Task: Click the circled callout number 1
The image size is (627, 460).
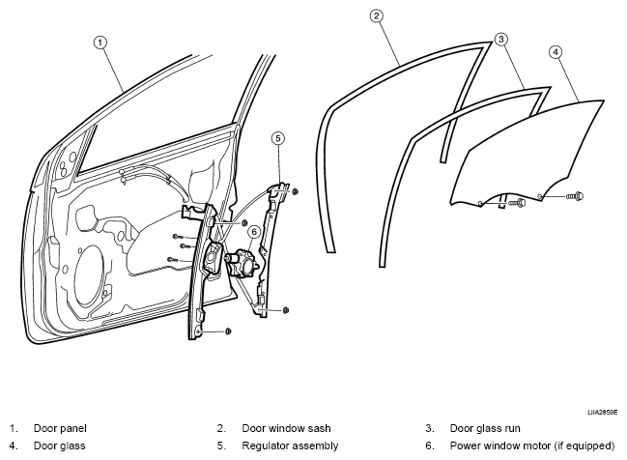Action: pos(100,43)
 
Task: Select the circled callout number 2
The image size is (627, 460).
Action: pos(376,16)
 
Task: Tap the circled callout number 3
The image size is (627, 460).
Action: pos(501,40)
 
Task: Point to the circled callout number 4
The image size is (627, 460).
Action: pos(556,52)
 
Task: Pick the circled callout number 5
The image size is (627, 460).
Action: pos(278,138)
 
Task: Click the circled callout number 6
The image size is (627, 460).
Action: pos(254,232)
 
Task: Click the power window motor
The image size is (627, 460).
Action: pos(242,263)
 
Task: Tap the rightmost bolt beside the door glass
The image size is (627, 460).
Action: pos(575,196)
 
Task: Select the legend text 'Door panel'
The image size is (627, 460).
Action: pos(60,428)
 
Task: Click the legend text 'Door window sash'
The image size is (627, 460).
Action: pos(286,428)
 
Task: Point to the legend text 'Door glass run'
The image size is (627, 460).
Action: pos(485,428)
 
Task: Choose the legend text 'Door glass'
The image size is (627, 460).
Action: pos(60,446)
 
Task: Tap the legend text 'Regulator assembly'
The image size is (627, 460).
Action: pos(290,446)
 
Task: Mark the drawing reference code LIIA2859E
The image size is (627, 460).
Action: pos(602,413)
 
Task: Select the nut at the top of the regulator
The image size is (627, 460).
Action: pos(295,192)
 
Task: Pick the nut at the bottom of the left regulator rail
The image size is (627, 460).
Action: pos(228,331)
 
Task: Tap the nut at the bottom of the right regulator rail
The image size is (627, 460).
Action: pos(286,310)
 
